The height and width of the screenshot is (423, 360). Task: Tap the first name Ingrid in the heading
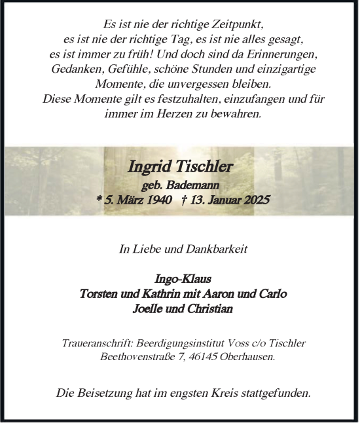click(148, 168)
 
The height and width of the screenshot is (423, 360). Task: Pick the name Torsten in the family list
click(99, 293)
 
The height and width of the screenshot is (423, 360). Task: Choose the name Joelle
click(148, 309)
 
